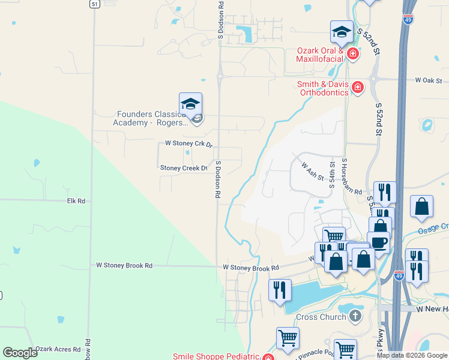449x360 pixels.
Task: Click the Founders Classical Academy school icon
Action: pos(190,104)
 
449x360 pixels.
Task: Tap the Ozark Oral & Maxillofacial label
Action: pos(320,55)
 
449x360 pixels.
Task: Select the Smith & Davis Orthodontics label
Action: pos(323,89)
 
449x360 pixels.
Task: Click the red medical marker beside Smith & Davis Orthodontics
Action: pos(358,89)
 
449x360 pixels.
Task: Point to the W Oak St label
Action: pos(428,80)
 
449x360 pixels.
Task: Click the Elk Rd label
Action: pos(76,201)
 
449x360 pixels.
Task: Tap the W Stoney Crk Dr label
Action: pos(189,144)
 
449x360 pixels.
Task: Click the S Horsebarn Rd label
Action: pos(352,176)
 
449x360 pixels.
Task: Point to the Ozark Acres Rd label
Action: pos(58,349)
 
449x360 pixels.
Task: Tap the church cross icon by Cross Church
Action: pos(355,315)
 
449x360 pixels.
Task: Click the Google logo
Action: pos(20,353)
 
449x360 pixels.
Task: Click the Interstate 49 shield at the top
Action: pos(409,20)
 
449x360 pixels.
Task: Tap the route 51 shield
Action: pos(94,4)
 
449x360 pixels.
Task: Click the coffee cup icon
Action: pos(378,242)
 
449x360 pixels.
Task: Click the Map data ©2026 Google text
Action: pos(412,355)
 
